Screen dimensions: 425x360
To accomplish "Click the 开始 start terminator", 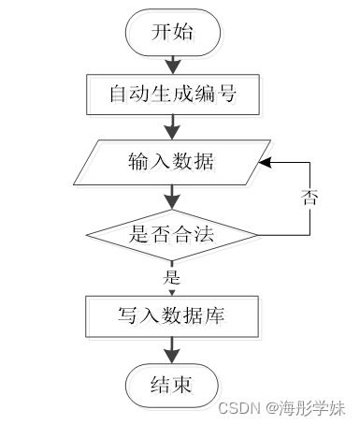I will pyautogui.click(x=172, y=32).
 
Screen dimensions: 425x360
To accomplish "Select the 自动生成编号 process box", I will pyautogui.click(x=172, y=95).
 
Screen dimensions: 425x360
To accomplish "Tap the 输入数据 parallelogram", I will pyautogui.click(x=172, y=161).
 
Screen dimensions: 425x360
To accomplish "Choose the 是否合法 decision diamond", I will pyautogui.click(x=172, y=234).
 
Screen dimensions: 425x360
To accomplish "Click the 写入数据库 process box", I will pyautogui.click(x=172, y=316).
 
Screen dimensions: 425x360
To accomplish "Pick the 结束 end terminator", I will pyautogui.click(x=172, y=385).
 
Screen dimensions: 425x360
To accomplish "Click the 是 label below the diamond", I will pyautogui.click(x=171, y=277).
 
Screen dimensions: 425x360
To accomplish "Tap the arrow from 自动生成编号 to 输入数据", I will pyautogui.click(x=172, y=127).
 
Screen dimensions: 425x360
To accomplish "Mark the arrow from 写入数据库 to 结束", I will pyautogui.click(x=172, y=351).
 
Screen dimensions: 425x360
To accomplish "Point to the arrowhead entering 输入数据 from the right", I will pyautogui.click(x=265, y=161).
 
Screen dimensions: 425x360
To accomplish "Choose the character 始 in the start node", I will pyautogui.click(x=184, y=32).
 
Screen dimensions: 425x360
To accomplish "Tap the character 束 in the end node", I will pyautogui.click(x=184, y=385).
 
